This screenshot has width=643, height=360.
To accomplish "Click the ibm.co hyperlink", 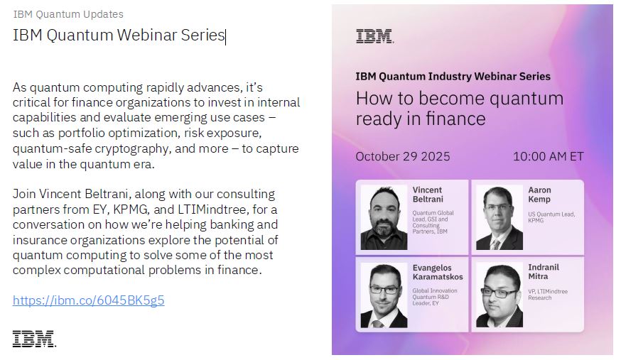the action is (89, 300).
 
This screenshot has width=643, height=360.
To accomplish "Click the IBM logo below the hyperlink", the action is (34, 339).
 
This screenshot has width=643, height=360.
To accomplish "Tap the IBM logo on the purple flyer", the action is (375, 36).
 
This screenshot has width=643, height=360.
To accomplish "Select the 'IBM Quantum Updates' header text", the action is (68, 14).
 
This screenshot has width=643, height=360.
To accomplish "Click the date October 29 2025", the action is (403, 156).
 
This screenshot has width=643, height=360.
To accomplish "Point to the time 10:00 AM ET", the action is (549, 156).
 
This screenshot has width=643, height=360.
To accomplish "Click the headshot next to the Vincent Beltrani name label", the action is (384, 217).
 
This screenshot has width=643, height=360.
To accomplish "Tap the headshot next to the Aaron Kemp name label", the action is (499, 217).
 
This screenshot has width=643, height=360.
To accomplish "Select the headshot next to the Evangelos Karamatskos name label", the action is (384, 295).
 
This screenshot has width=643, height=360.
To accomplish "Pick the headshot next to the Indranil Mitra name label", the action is (499, 295).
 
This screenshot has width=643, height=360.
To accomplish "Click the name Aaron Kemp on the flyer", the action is (540, 195).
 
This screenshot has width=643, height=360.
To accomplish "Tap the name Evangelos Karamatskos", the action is (438, 272).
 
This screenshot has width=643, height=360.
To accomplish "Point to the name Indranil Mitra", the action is (544, 271).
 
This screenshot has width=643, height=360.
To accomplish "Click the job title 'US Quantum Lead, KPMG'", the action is (551, 217).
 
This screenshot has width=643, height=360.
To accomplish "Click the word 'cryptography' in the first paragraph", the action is (133, 148).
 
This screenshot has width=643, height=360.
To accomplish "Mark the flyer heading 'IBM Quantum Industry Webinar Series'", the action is (453, 76).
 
